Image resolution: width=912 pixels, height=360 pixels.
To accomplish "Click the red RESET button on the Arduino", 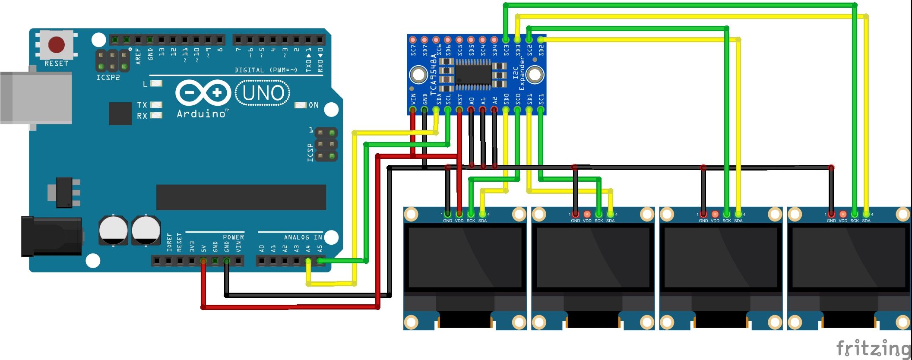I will point(57,44).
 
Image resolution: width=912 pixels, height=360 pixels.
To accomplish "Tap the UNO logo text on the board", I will point(263,93).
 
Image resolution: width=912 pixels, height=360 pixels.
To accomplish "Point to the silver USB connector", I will point(36,98).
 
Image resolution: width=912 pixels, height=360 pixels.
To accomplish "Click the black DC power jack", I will point(51,236).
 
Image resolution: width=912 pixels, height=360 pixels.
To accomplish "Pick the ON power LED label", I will point(314,105).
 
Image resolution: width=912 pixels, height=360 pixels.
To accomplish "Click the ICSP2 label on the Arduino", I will point(108,78).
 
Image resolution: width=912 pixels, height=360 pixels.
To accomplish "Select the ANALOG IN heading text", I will point(303,237).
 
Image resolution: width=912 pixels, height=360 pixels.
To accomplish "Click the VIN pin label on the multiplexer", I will point(413,99).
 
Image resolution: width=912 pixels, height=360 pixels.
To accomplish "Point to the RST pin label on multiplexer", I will point(459,99).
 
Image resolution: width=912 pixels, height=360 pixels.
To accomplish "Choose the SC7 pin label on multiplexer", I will point(413,50).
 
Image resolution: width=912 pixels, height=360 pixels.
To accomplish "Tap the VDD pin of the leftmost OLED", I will point(459,214).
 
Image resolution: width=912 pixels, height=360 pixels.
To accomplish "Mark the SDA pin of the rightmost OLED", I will point(866,214).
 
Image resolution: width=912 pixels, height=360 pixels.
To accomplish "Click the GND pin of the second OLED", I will point(575,214).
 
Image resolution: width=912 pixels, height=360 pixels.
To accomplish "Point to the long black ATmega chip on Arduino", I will point(241,197).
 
